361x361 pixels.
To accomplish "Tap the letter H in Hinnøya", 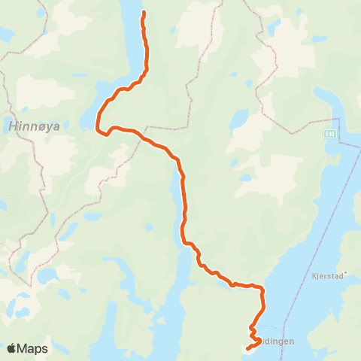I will [x=13, y=127].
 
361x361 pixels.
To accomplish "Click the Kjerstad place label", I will [x=326, y=275].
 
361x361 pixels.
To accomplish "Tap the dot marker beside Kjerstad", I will [x=345, y=273].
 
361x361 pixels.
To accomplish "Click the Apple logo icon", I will [x=12, y=348].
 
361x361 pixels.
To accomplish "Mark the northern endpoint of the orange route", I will [x=143, y=13].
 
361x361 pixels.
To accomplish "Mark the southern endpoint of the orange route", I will [x=247, y=347].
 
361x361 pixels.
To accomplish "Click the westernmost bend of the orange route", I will [x=98, y=129].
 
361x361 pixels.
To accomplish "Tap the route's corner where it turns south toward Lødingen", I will [x=262, y=288].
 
